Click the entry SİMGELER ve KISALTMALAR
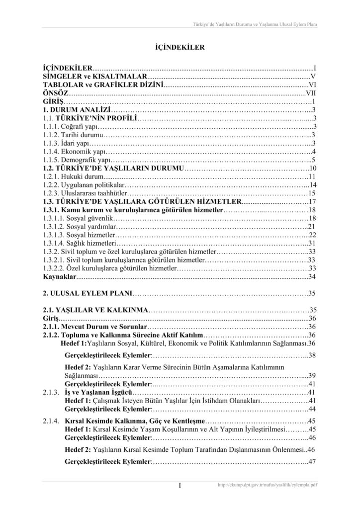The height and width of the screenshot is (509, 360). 94,76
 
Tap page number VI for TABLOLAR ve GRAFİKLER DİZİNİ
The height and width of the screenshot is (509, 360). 312,85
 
